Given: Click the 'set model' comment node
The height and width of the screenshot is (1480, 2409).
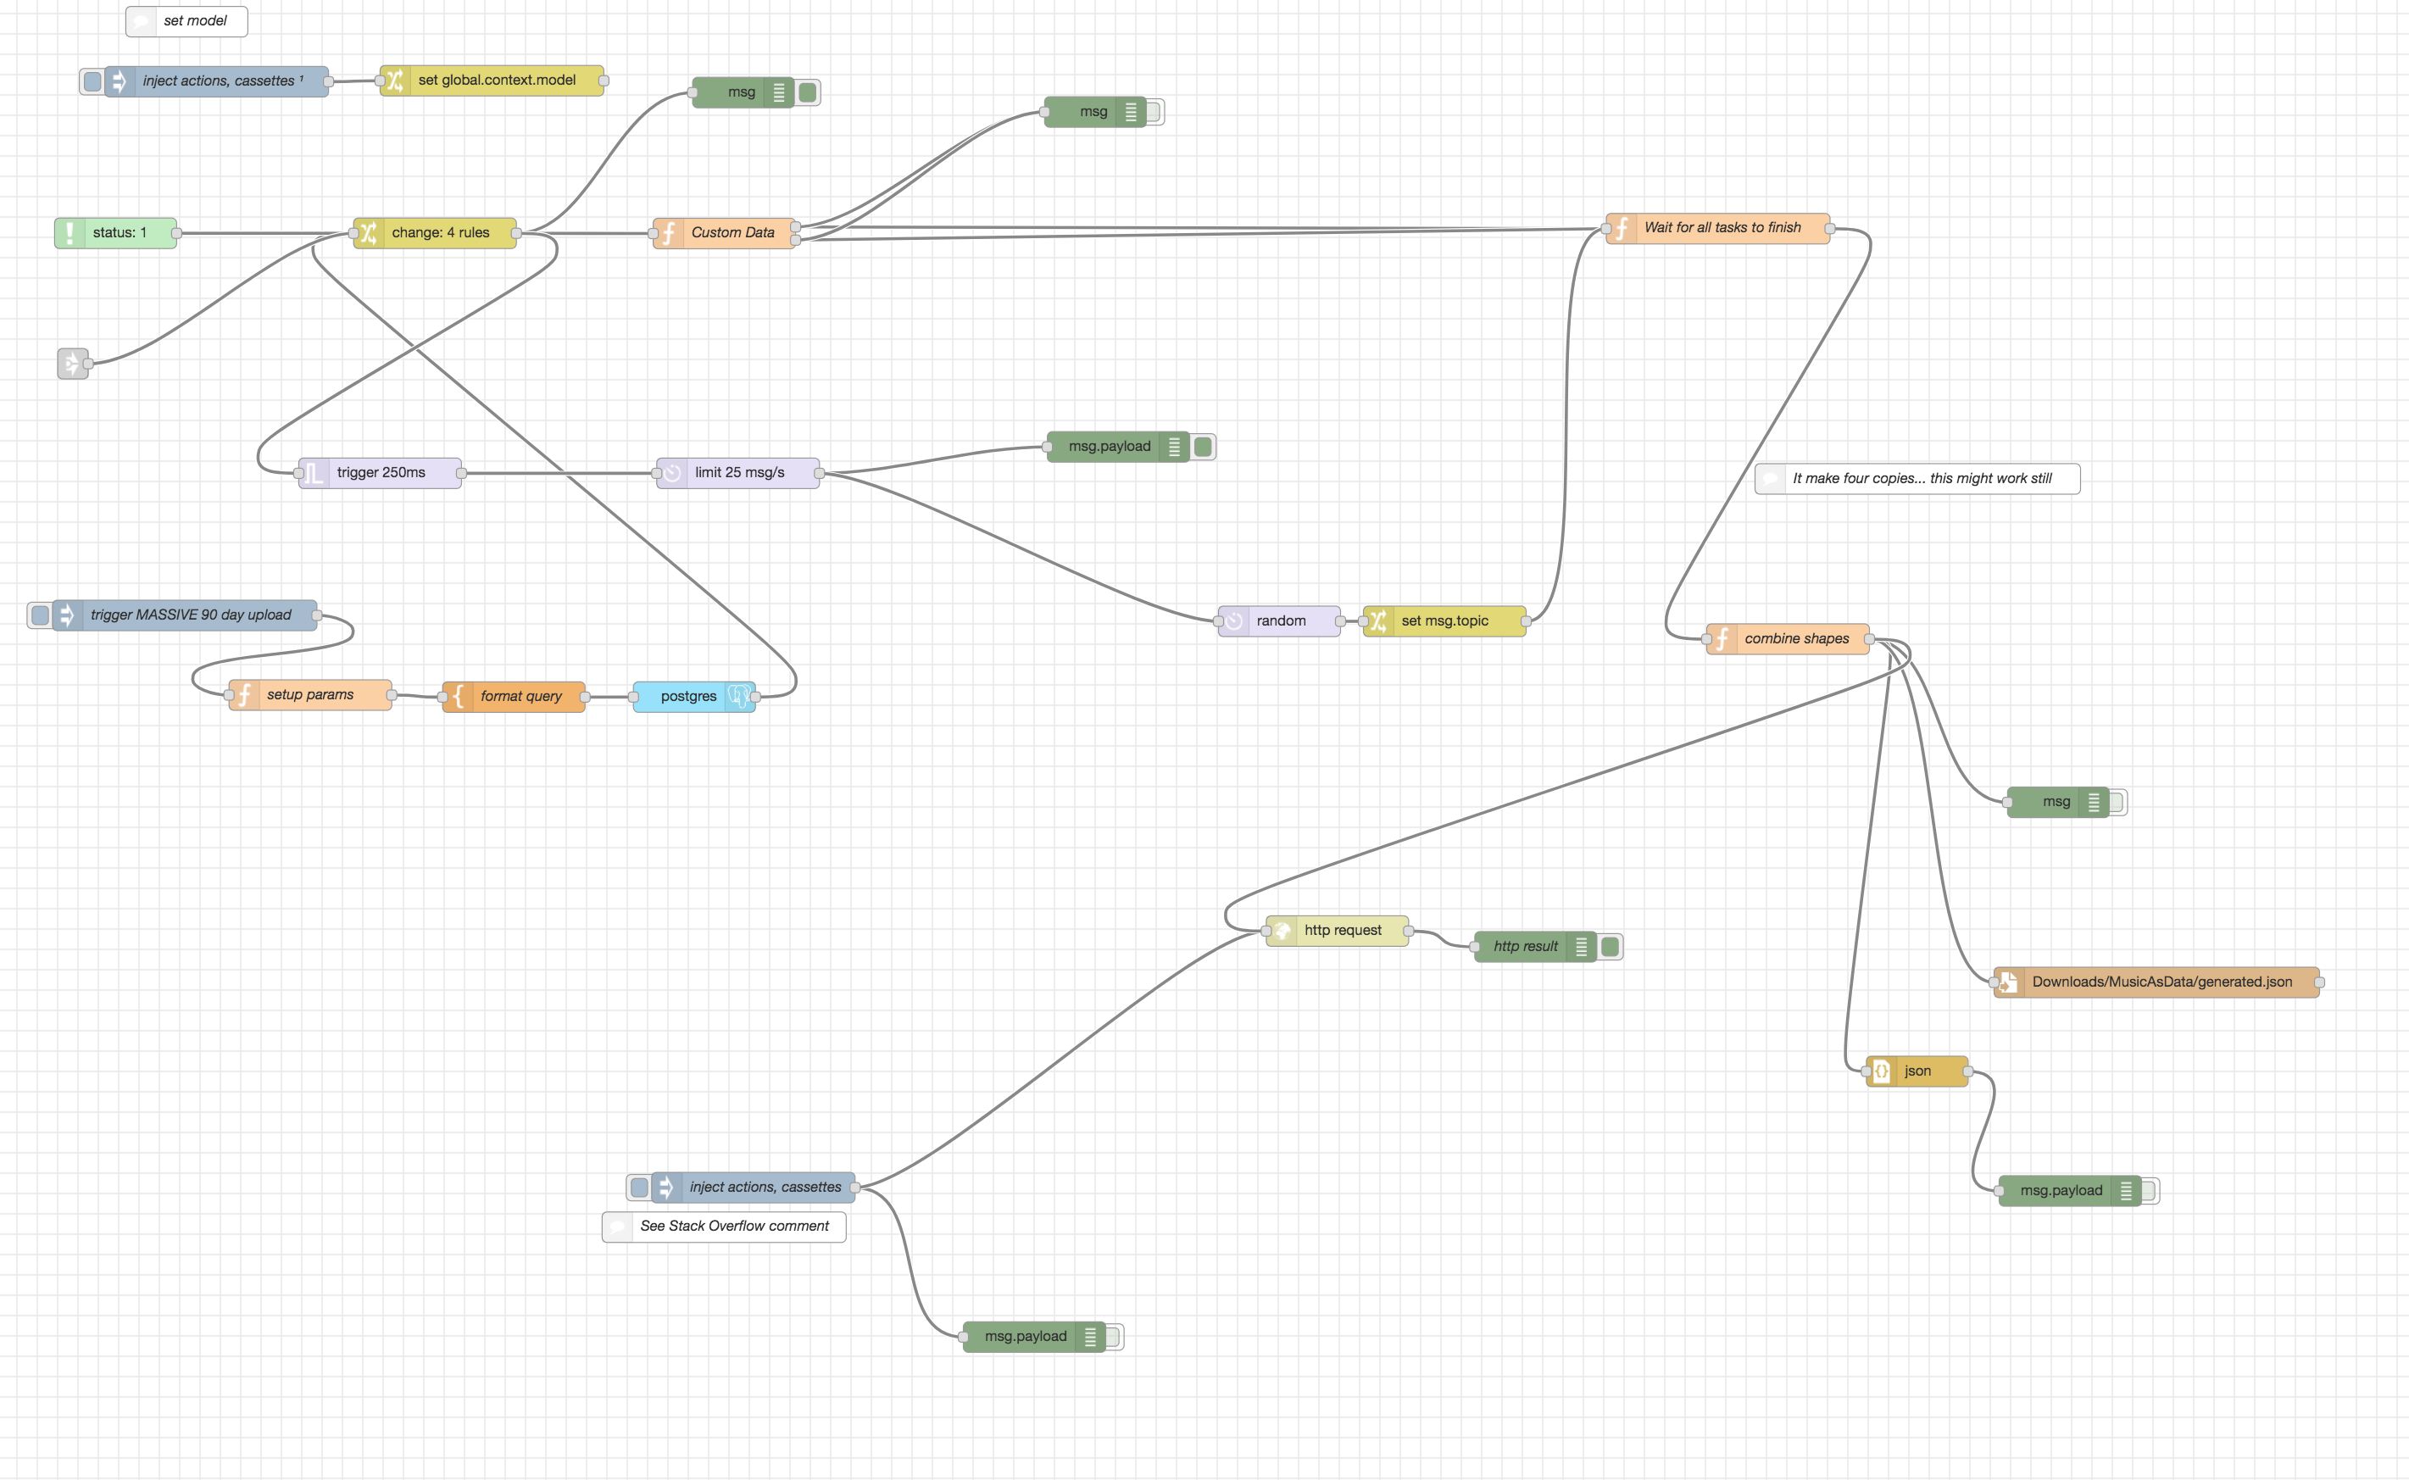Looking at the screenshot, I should pyautogui.click(x=187, y=20).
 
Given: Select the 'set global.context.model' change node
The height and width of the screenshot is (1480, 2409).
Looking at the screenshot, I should pyautogui.click(x=495, y=81).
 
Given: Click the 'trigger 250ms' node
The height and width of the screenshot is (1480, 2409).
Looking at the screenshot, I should pyautogui.click(x=380, y=473).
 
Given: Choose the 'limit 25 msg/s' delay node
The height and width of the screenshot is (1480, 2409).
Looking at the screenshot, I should pyautogui.click(x=739, y=473).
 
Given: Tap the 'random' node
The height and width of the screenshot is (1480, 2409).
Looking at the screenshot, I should pyautogui.click(x=1279, y=620).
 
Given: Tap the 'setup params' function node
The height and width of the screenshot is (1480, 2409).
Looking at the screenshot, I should pyautogui.click(x=309, y=695).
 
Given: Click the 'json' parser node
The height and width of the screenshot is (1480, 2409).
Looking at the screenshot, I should pyautogui.click(x=1917, y=1071).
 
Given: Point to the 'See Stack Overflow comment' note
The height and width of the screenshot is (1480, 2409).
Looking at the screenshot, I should pyautogui.click(x=725, y=1227).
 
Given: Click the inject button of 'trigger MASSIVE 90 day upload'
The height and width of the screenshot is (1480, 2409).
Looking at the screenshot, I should pyautogui.click(x=40, y=615).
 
